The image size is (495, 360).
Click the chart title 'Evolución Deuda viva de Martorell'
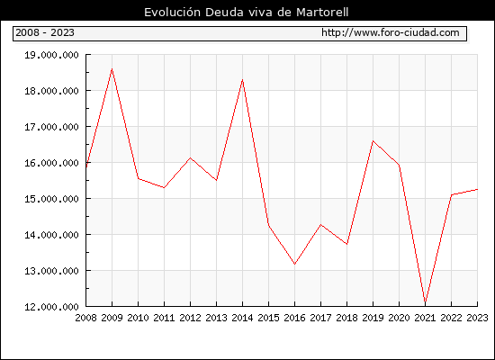(x=247, y=13)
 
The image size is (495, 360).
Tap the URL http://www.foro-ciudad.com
(x=391, y=32)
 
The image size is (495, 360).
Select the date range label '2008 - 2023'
(x=45, y=32)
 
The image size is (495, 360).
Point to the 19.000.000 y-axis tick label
(x=52, y=55)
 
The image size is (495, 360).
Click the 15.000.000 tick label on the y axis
(x=52, y=199)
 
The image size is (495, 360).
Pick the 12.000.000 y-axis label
(x=52, y=307)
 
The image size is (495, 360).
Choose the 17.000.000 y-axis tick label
(x=52, y=127)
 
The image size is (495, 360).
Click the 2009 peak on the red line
(x=112, y=68)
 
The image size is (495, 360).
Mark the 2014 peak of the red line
(x=242, y=79)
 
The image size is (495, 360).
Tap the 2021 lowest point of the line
(x=425, y=302)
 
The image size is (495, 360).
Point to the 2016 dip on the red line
(x=294, y=264)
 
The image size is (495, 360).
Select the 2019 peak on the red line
(x=373, y=140)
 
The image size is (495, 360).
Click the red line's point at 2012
(x=191, y=157)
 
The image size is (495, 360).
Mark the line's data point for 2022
(x=452, y=194)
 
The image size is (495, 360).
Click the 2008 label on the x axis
(x=85, y=318)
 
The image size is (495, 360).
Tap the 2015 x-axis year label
(x=269, y=318)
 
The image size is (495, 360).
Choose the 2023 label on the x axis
(x=477, y=318)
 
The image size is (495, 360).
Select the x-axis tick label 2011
(x=164, y=318)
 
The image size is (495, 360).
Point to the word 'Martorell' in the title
(x=322, y=13)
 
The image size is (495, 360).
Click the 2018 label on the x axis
(x=346, y=318)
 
